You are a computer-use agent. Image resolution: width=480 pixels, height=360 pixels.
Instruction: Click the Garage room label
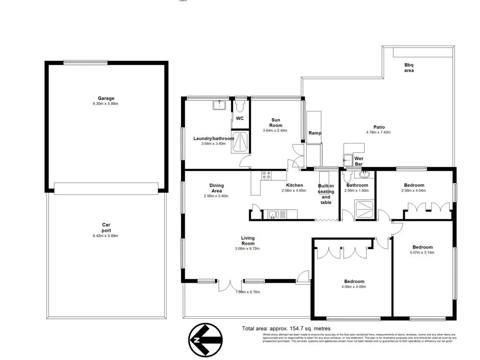coord(106,98)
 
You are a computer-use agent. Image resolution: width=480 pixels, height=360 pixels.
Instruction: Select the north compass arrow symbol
coord(205,340)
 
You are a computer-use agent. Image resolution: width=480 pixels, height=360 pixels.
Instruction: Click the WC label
coord(240,118)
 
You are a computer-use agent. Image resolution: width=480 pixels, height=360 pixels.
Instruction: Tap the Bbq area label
coord(409,67)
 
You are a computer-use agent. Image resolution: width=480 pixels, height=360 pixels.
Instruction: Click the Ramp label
coord(315,133)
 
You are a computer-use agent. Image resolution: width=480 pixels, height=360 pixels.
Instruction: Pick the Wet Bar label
coord(358,161)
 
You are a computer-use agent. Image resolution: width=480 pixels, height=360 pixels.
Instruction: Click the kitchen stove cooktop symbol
coord(266,175)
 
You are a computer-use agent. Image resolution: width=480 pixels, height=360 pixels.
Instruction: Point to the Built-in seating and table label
coord(326,194)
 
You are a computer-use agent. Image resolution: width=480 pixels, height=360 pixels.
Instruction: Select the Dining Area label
coord(216,188)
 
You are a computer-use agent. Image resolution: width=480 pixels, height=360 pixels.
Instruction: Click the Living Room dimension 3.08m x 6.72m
coord(248,249)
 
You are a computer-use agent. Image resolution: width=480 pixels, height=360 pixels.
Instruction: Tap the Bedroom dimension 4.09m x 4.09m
coord(354,287)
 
